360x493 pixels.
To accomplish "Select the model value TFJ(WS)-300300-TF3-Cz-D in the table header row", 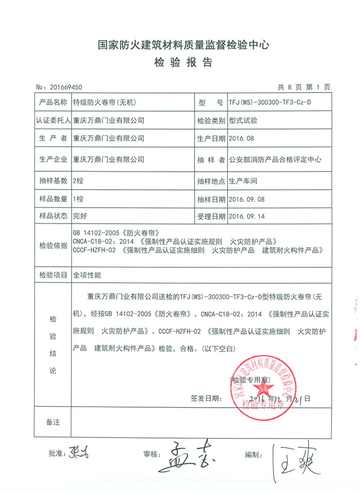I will [269, 102].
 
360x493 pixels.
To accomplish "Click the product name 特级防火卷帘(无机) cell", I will [103, 102].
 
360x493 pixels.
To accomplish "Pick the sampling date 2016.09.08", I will [246, 199].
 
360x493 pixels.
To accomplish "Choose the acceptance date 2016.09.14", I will [246, 216].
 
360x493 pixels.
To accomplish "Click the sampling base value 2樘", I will [78, 181].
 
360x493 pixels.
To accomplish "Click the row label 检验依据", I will [53, 246].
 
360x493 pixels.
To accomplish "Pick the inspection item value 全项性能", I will [87, 275].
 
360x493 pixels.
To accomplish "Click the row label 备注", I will [53, 422].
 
